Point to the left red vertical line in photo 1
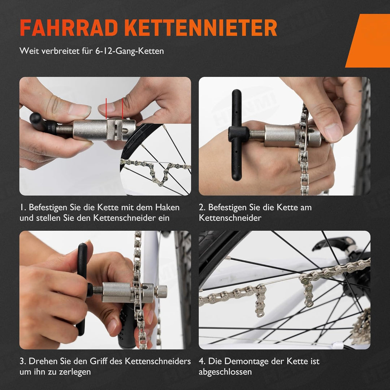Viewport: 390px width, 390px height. pos(106,108)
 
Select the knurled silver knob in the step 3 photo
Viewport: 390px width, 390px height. pos(161,291)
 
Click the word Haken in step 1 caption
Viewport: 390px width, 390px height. pos(167,208)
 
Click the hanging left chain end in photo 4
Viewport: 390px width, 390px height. pos(260,303)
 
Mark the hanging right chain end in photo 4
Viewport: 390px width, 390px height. pos(308,292)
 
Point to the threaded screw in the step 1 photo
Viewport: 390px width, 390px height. pos(65,129)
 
